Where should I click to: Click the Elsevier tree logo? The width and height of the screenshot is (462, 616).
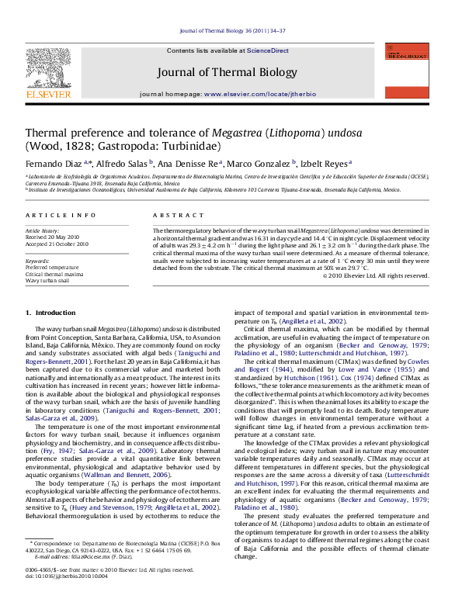tap(48, 74)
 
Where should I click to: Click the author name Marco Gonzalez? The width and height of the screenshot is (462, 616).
tap(262, 164)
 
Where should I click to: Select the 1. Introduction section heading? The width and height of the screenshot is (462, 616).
tap(51, 313)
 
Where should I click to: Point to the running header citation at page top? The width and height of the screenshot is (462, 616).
tap(231, 30)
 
